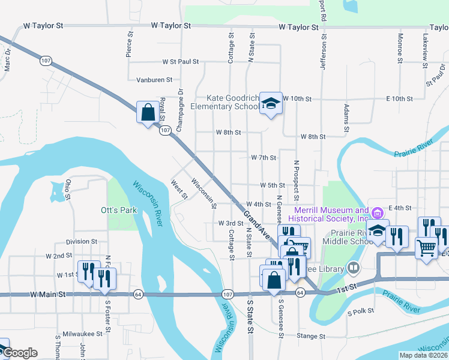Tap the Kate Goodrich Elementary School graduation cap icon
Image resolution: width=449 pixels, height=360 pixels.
271,103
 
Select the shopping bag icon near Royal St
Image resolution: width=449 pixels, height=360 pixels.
148,112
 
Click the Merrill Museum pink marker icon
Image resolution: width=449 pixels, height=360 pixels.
378,213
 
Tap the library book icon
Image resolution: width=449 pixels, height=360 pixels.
354,267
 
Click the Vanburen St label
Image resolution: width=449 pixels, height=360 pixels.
154,79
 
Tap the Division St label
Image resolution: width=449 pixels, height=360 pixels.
82,241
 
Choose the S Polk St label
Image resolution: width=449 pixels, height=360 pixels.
361,311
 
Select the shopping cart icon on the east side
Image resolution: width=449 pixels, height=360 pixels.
426,247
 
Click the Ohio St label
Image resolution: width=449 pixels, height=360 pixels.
68,189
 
